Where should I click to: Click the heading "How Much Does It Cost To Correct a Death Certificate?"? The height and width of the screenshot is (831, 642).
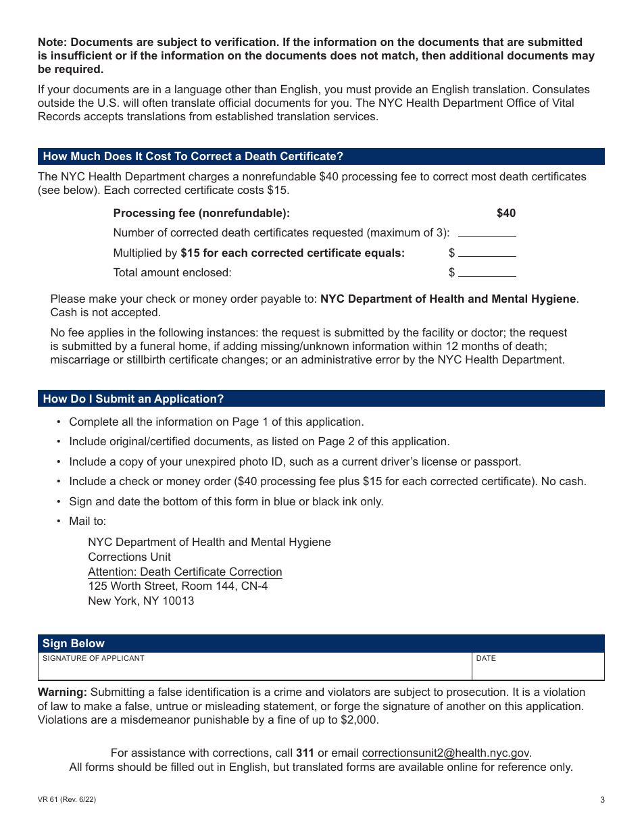pos(193,157)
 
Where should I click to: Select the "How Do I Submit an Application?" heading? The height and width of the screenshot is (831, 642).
pos(133,399)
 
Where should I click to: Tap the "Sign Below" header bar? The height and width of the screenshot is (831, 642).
pos(74,643)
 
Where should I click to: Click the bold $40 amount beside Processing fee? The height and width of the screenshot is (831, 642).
pos(505,213)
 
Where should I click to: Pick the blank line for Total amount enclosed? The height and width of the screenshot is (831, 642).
pos(487,272)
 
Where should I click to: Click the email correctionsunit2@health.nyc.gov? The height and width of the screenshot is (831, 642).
pos(445,753)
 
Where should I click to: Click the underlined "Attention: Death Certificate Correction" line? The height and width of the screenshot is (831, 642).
pos(184,572)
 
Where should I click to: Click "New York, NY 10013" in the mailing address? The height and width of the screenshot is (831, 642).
pos(141,601)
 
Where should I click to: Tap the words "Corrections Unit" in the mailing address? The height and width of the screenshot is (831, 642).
pos(129,557)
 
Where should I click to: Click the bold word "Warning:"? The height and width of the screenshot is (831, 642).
pos(62,692)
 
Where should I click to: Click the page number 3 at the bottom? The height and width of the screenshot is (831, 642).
pos(602,800)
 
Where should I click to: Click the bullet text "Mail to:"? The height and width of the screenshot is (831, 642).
pos(87,522)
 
